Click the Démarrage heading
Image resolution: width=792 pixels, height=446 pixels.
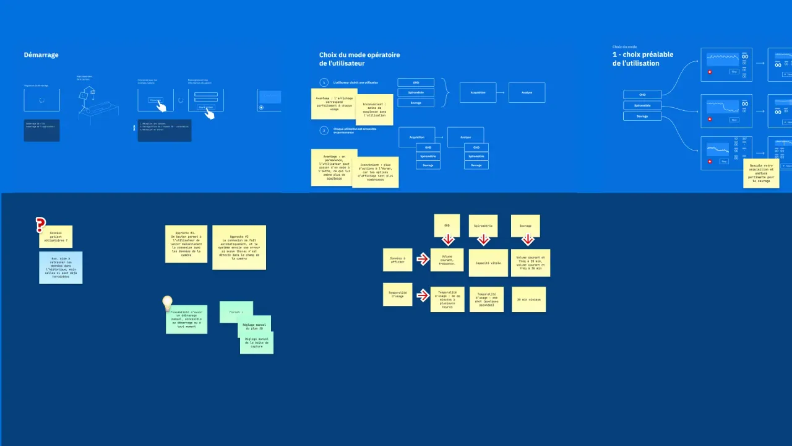tap(41, 55)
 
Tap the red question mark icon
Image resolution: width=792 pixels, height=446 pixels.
tap(41, 225)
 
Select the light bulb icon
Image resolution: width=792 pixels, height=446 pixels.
tap(167, 304)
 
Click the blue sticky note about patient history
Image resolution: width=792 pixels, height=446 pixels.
tap(60, 268)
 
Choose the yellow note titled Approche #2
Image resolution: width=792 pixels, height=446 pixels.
tap(239, 247)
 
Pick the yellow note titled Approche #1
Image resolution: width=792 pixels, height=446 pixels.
tap(186, 244)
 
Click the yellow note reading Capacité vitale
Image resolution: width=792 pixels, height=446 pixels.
tap(487, 263)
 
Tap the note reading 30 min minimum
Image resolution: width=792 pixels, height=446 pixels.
tap(528, 299)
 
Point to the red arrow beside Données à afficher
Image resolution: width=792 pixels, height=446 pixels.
tap(423, 259)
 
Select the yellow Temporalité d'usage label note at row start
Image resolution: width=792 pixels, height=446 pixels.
tap(397, 295)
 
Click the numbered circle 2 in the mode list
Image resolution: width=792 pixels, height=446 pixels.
tap(324, 131)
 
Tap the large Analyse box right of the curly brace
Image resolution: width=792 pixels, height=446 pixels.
tap(527, 92)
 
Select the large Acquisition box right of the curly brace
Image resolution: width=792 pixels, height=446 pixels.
tap(478, 92)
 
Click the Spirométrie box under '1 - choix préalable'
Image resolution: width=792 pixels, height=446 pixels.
tap(642, 105)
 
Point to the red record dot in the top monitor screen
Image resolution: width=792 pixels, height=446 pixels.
tap(710, 72)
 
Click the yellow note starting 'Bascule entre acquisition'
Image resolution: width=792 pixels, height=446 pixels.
tap(760, 173)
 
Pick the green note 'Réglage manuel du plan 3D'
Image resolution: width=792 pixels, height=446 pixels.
tap(255, 326)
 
